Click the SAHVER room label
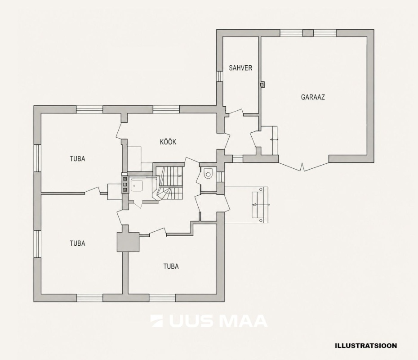[240, 68]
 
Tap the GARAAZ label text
[313, 97]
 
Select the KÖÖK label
[168, 142]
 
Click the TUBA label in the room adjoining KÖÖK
[78, 159]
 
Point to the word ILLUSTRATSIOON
[366, 346]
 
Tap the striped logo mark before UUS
[157, 321]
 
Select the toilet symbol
[208, 173]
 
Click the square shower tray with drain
[137, 186]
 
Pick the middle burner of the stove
[125, 184]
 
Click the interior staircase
[169, 183]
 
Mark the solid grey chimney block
[128, 242]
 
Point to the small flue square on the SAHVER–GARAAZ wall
[262, 84]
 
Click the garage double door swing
[303, 165]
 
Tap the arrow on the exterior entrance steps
[261, 205]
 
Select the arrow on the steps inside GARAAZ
[274, 139]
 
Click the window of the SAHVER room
[219, 76]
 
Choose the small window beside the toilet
[221, 177]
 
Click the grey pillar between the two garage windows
[308, 33]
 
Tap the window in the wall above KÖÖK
[166, 109]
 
